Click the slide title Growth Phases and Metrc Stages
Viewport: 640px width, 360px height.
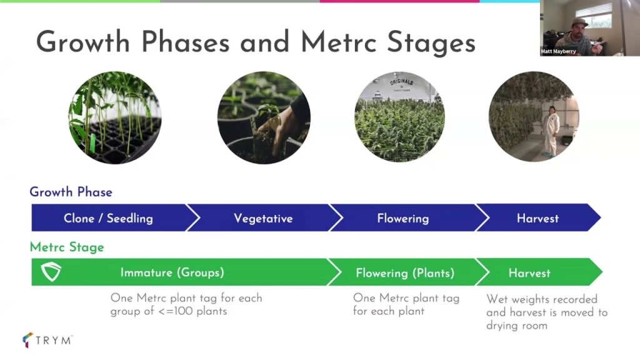(x=256, y=42)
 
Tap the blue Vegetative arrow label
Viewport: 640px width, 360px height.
(x=263, y=218)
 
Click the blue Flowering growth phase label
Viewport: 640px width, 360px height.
(x=403, y=218)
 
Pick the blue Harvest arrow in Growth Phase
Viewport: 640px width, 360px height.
(x=538, y=218)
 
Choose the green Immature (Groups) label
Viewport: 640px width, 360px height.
(x=172, y=272)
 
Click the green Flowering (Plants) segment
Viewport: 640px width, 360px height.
(x=405, y=272)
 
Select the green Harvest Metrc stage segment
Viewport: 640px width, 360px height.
(x=539, y=272)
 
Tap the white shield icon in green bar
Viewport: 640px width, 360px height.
(x=51, y=272)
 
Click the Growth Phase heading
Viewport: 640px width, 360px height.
(x=71, y=192)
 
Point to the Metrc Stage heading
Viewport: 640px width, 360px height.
(x=67, y=247)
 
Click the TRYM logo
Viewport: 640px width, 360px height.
(x=47, y=340)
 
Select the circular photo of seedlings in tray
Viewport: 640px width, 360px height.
(x=115, y=117)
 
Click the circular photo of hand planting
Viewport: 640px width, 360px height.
(x=264, y=117)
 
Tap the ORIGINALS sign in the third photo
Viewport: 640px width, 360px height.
(x=402, y=82)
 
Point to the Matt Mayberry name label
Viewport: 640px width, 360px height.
(x=558, y=51)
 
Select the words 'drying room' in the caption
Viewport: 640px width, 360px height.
(x=517, y=326)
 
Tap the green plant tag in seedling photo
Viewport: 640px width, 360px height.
(x=92, y=142)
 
